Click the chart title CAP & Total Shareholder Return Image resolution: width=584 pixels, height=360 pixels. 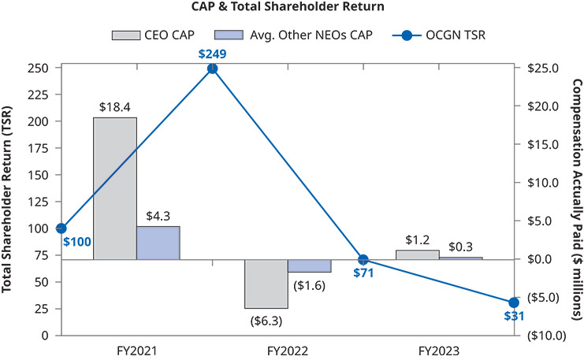coord(292,9)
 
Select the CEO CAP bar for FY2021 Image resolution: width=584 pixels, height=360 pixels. coord(115,188)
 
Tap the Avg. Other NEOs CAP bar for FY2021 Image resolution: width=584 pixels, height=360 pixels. coord(158,243)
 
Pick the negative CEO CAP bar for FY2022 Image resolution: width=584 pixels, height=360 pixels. coord(266,284)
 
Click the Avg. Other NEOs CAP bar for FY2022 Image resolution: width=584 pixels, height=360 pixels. coord(309,266)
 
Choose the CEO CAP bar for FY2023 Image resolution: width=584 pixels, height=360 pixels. coord(417,254)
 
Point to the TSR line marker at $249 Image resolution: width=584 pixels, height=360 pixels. coord(212,69)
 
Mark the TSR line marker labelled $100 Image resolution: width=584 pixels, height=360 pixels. coord(61,228)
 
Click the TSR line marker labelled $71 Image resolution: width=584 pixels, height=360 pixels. coord(363,259)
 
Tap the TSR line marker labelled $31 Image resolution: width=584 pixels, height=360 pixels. coord(514,302)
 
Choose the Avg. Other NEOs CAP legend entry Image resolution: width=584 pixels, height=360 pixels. coord(273,35)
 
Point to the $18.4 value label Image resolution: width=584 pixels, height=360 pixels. coord(115,106)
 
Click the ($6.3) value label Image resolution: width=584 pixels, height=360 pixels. coord(266,321)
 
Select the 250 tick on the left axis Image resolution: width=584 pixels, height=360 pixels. coord(36,69)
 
